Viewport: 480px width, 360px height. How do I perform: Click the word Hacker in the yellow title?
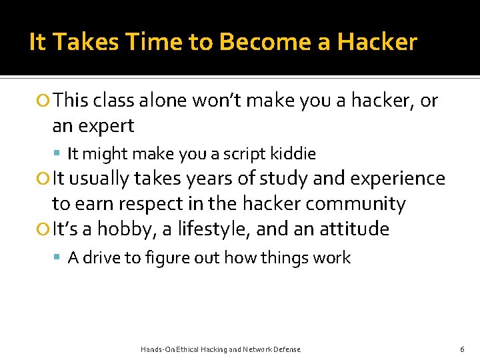[377, 42]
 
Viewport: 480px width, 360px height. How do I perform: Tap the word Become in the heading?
[257, 42]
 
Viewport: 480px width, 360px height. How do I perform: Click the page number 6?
[462, 349]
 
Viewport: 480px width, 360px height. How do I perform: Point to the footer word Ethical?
[189, 349]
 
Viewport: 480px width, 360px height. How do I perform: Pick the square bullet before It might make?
[59, 154]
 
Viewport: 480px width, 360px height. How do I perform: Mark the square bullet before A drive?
[59, 258]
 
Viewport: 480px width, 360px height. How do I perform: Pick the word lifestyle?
[203, 229]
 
